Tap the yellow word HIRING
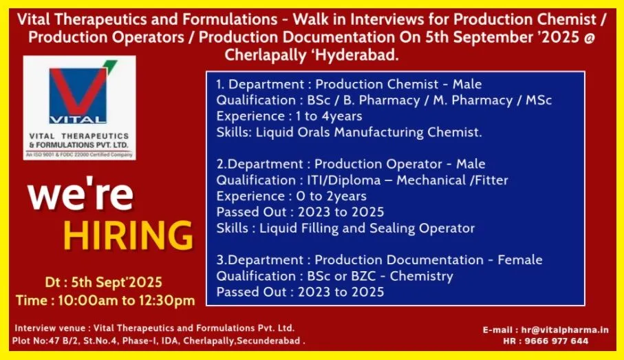click(x=128, y=235)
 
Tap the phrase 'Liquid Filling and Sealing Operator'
click(x=367, y=228)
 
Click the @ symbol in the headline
click(x=590, y=36)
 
